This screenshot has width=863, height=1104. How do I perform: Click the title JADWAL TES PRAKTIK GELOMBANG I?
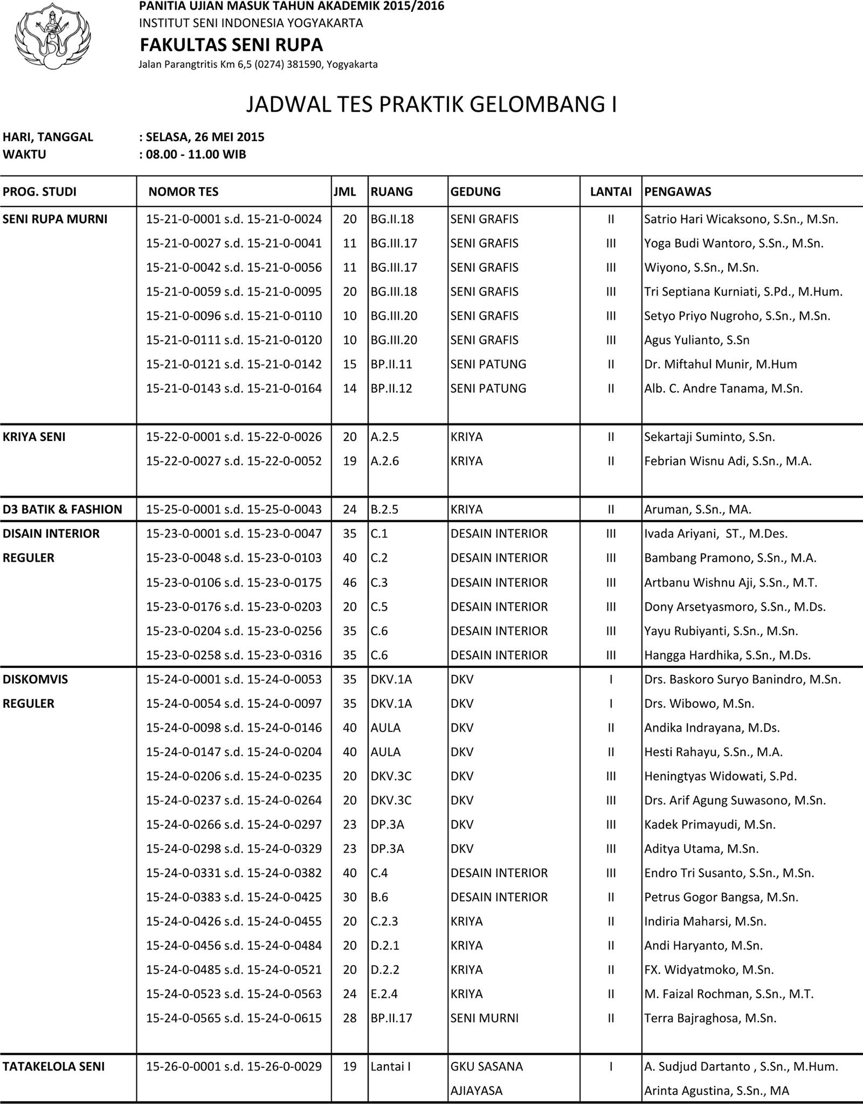point(431,104)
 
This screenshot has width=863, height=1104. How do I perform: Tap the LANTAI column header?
point(611,191)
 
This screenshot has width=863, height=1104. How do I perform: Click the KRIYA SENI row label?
point(34,437)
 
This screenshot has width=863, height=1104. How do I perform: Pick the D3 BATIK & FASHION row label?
point(63,509)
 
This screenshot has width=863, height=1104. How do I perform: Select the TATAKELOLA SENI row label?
point(54,1066)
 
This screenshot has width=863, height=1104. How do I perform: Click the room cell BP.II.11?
point(391,364)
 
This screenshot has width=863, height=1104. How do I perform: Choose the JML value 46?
point(350,583)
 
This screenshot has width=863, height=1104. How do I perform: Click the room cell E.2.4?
point(384,994)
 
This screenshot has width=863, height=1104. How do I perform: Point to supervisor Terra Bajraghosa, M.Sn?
point(710,1018)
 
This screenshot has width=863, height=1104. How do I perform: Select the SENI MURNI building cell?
point(484,1018)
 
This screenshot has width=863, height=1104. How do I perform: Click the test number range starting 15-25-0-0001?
point(234,509)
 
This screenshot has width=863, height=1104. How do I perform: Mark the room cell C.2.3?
point(384,921)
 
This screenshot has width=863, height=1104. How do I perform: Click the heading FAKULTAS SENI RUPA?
point(231,44)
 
